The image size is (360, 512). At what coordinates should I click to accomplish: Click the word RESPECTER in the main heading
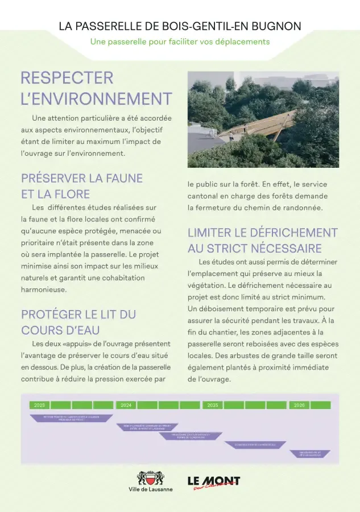[67, 78]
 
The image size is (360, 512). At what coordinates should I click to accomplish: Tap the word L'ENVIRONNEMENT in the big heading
[96, 98]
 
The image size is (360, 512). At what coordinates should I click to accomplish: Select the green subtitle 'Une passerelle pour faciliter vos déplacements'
[180, 42]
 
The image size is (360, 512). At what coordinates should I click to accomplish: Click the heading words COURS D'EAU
[61, 330]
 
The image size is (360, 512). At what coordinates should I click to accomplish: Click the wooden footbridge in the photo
[262, 125]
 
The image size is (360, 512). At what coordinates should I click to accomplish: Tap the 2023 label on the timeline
[40, 405]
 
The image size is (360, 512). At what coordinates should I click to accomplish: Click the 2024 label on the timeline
[126, 405]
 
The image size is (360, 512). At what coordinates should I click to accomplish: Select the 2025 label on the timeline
[213, 405]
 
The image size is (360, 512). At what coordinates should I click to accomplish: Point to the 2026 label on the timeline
[300, 405]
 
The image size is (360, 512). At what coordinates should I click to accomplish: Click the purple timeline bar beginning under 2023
[71, 418]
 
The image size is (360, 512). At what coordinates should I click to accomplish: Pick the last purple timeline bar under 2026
[310, 453]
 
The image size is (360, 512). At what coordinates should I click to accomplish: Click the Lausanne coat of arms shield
[150, 477]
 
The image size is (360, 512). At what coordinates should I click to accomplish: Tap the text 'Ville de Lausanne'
[151, 490]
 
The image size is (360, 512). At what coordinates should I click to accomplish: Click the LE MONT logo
[214, 482]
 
